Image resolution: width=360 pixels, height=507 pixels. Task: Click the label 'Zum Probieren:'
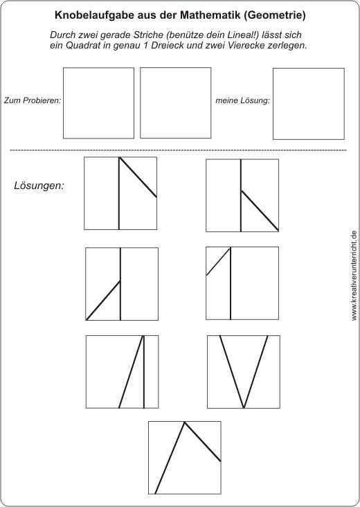pyautogui.click(x=33, y=100)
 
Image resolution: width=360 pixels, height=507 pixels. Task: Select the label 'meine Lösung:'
pyautogui.click(x=243, y=100)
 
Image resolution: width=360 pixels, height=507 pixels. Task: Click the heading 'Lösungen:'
pyautogui.click(x=39, y=186)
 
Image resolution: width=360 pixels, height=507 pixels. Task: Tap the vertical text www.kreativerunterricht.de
pyautogui.click(x=354, y=276)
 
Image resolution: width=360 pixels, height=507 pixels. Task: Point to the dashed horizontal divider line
pyautogui.click(x=178, y=150)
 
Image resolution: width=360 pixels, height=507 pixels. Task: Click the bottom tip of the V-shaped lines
pyautogui.click(x=244, y=407)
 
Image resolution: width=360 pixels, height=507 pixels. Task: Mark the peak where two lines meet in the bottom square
pyautogui.click(x=185, y=422)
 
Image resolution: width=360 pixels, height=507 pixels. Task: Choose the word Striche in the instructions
pyautogui.click(x=147, y=35)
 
